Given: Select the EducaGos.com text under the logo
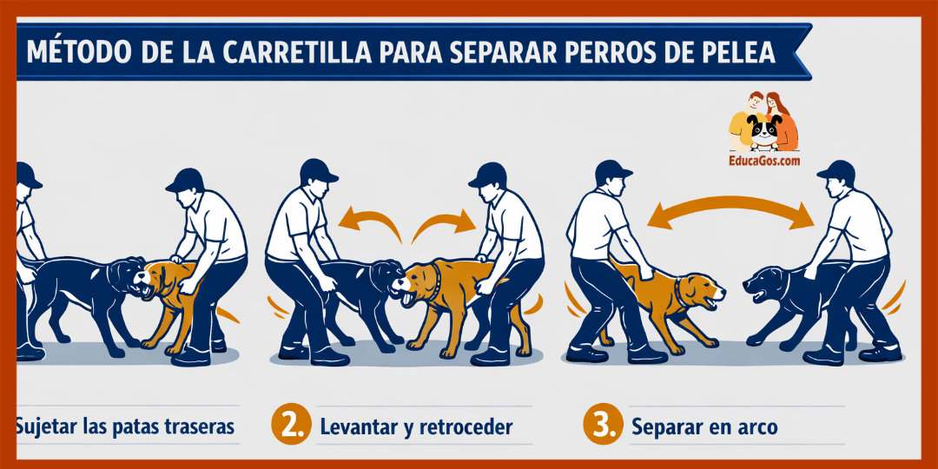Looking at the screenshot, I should click(764, 161).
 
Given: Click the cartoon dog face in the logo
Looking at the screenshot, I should click(764, 131).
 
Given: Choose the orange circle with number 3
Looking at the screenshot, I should click(601, 426).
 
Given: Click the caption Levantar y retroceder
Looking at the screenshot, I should click(416, 427).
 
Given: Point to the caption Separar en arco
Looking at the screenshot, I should click(703, 427).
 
